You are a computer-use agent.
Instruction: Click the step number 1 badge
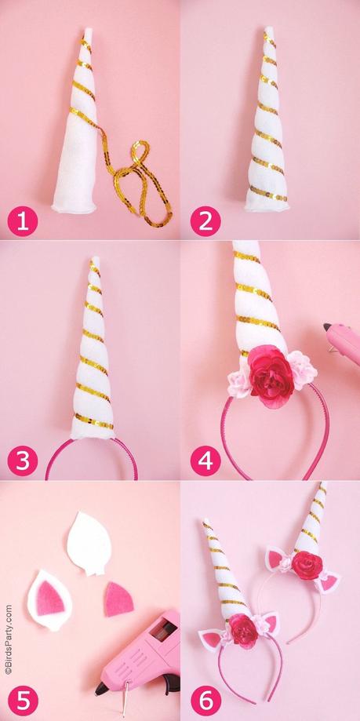coord(24,221)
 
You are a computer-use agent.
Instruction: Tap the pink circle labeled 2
coord(205,221)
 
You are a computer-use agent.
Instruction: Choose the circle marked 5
coord(24,697)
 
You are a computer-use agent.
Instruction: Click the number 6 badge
coord(205,697)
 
